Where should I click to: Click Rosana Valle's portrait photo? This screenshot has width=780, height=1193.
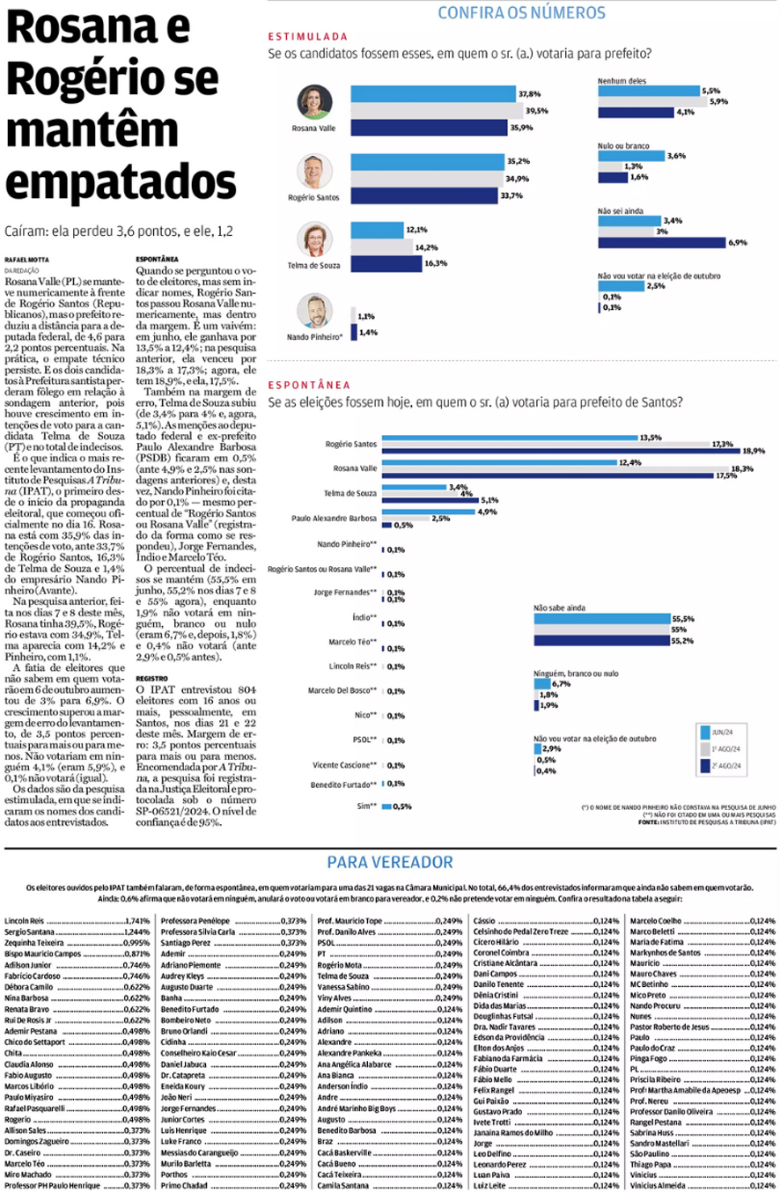click(314, 103)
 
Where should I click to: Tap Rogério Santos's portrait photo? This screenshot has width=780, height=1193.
click(314, 171)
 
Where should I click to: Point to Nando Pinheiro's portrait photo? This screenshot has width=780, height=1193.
click(314, 311)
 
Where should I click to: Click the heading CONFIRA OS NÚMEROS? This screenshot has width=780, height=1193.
click(521, 12)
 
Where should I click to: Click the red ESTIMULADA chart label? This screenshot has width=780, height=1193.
click(307, 38)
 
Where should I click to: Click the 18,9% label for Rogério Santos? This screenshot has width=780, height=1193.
click(753, 450)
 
